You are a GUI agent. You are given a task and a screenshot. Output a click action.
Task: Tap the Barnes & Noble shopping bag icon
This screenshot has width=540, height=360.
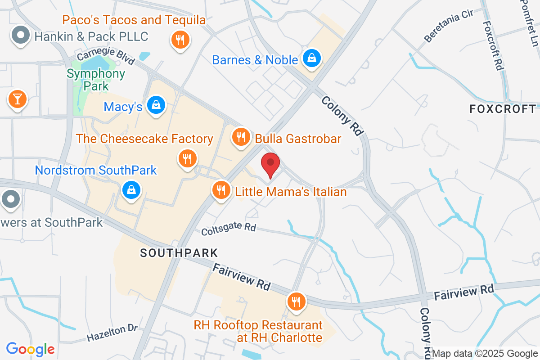[311, 58]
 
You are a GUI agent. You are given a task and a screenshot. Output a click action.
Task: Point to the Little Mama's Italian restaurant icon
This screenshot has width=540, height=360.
[220, 190]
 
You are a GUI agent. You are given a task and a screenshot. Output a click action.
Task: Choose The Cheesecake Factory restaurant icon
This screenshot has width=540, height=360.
[187, 158]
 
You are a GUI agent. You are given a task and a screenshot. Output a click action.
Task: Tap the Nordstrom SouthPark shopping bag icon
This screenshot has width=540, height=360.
[131, 190]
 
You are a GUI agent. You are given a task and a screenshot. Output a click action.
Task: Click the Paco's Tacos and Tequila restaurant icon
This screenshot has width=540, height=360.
[179, 40]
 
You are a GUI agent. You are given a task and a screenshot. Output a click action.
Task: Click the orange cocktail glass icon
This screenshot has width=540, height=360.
[18, 99]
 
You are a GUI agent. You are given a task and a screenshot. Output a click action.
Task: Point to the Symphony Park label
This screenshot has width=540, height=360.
[96, 79]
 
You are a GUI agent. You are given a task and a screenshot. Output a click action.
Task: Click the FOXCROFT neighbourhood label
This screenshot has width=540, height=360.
[503, 109]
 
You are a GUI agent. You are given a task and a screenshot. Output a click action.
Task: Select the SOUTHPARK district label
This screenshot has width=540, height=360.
[179, 253]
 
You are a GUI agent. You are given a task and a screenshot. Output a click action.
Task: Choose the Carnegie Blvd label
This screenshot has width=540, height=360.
[106, 54]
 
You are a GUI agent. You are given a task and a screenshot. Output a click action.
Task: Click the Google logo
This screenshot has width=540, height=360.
[30, 349]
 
